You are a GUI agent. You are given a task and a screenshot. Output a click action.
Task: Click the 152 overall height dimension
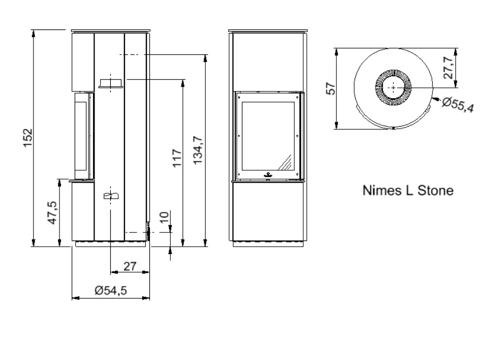pyautogui.click(x=28, y=138)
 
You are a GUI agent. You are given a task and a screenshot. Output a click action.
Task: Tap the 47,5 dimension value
pyautogui.click(x=52, y=213)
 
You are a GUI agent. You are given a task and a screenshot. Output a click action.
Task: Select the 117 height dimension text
pyautogui.click(x=177, y=158)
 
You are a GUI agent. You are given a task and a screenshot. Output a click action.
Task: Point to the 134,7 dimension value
pyautogui.click(x=198, y=150)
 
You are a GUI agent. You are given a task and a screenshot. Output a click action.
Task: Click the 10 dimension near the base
pyautogui.click(x=164, y=217)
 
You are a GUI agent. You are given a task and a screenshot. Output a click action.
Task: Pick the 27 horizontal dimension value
pyautogui.click(x=130, y=266)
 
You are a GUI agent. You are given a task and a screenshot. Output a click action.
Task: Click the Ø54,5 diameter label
pyautogui.click(x=111, y=290)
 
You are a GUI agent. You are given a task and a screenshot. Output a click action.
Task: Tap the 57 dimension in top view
pyautogui.click(x=331, y=88)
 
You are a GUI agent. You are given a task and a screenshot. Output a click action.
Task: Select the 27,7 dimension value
pyautogui.click(x=448, y=68)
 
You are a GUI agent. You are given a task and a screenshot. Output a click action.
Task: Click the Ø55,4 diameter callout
pyautogui.click(x=458, y=105)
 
